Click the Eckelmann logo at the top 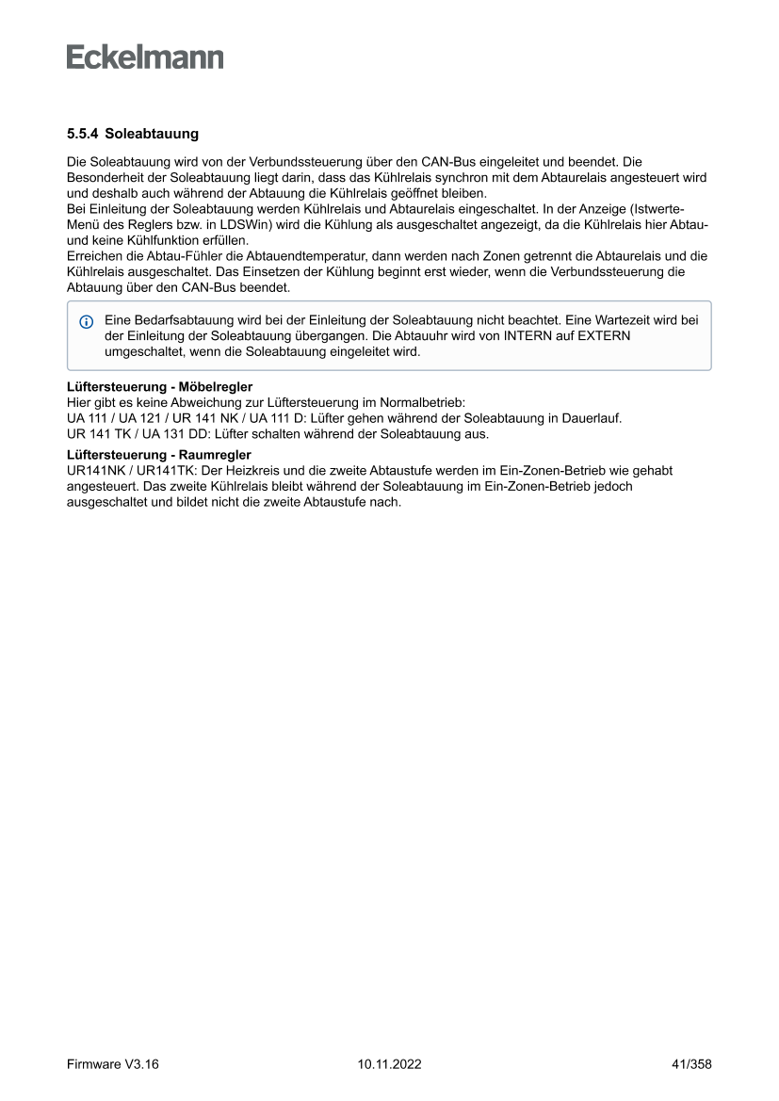point(145,57)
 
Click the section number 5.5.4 point(82,135)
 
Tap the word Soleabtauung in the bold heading point(152,135)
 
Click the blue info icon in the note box point(87,322)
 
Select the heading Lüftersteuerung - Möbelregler point(159,387)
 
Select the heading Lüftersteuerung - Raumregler point(158,455)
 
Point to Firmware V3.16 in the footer point(113,1064)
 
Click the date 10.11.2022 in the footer point(389,1064)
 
